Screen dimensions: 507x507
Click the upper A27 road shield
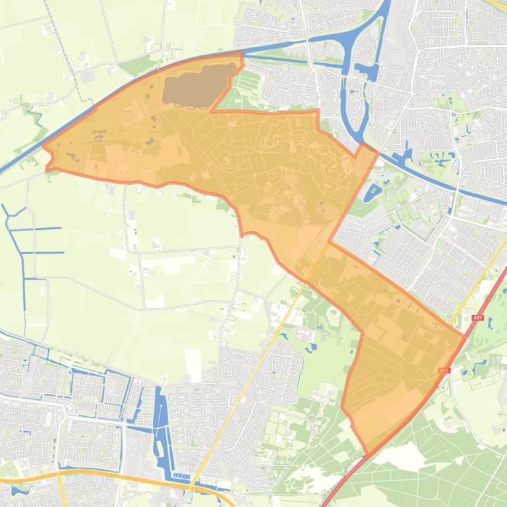[478, 318]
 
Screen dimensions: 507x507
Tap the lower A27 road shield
[444, 371]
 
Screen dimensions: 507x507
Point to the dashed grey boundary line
[66, 46]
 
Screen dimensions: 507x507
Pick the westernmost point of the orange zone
[43, 147]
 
